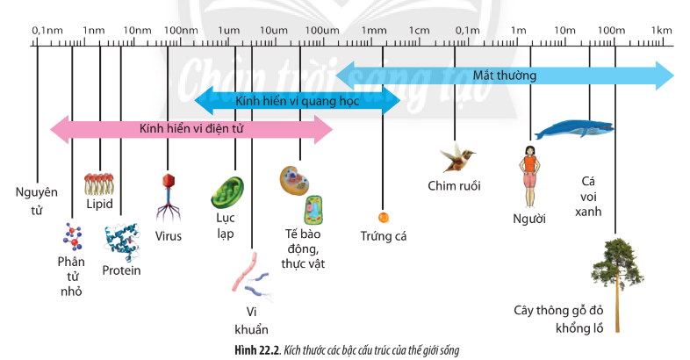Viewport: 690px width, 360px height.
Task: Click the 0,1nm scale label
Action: pos(48,31)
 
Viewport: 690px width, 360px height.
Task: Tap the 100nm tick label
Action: pos(181,31)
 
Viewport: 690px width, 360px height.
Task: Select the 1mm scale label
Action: pos(374,31)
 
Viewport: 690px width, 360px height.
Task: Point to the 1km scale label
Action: pos(662,31)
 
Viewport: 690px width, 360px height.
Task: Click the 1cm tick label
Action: pos(420,31)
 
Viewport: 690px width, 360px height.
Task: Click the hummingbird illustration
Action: pos(457,158)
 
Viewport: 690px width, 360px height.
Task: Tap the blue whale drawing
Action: pos(574,130)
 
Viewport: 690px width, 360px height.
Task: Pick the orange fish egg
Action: pos(383,217)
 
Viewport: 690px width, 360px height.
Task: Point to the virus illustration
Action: pos(168,198)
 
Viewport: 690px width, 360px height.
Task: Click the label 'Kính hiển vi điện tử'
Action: pos(190,129)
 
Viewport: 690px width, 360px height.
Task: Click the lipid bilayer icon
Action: pos(100,184)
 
